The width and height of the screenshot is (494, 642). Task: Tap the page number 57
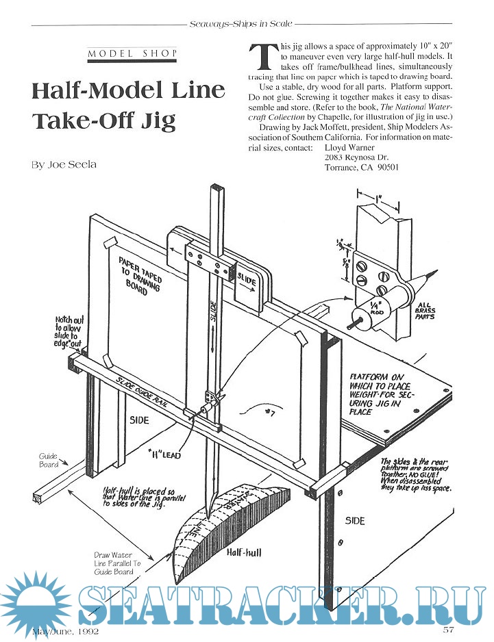click(x=449, y=629)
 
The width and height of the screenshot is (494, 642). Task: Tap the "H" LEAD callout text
click(x=163, y=454)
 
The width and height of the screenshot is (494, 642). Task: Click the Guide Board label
click(x=48, y=459)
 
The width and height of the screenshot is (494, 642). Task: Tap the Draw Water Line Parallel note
click(x=114, y=563)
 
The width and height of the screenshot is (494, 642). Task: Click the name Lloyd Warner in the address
click(x=349, y=147)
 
